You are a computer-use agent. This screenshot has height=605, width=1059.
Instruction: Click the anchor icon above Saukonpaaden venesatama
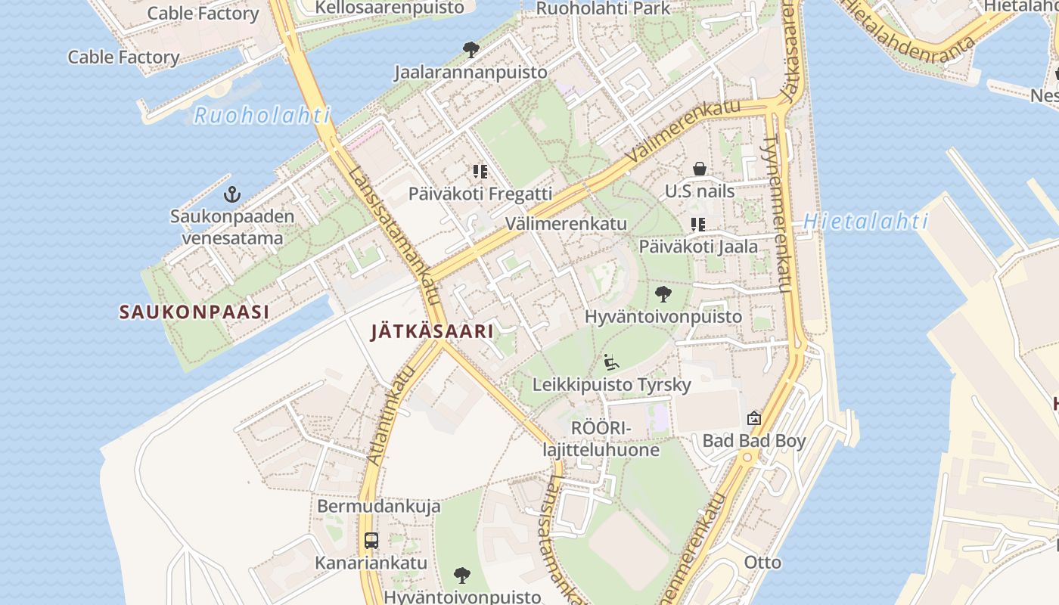pyautogui.click(x=232, y=195)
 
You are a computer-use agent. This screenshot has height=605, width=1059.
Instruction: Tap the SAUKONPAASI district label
pyautogui.click(x=194, y=312)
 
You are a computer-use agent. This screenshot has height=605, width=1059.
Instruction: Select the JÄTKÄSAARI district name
pyautogui.click(x=432, y=331)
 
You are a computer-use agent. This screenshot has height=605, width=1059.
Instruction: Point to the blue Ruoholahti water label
pyautogui.click(x=262, y=116)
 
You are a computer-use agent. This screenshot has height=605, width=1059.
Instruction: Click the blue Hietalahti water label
pyautogui.click(x=865, y=222)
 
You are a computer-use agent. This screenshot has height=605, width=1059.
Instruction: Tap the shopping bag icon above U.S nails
pyautogui.click(x=700, y=169)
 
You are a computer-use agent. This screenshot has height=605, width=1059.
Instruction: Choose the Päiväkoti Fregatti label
pyautogui.click(x=480, y=193)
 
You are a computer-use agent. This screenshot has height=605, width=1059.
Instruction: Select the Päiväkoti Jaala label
pyautogui.click(x=698, y=246)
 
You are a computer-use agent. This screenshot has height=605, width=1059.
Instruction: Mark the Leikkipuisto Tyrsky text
pyautogui.click(x=611, y=384)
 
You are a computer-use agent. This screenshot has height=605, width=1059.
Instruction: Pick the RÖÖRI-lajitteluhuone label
pyautogui.click(x=601, y=439)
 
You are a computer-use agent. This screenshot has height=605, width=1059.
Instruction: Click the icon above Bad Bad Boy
pyautogui.click(x=754, y=418)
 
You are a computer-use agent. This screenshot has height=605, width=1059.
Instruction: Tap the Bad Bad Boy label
pyautogui.click(x=754, y=440)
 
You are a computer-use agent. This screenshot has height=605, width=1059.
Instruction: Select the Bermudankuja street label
pyautogui.click(x=378, y=505)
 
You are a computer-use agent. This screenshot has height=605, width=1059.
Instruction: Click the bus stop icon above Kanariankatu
pyautogui.click(x=371, y=541)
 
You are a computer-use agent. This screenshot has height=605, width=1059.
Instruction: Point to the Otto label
pyautogui.click(x=762, y=562)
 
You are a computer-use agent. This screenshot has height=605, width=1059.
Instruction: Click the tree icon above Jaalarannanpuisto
pyautogui.click(x=470, y=51)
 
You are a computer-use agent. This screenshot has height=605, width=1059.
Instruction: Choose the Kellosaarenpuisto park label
pyautogui.click(x=390, y=8)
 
